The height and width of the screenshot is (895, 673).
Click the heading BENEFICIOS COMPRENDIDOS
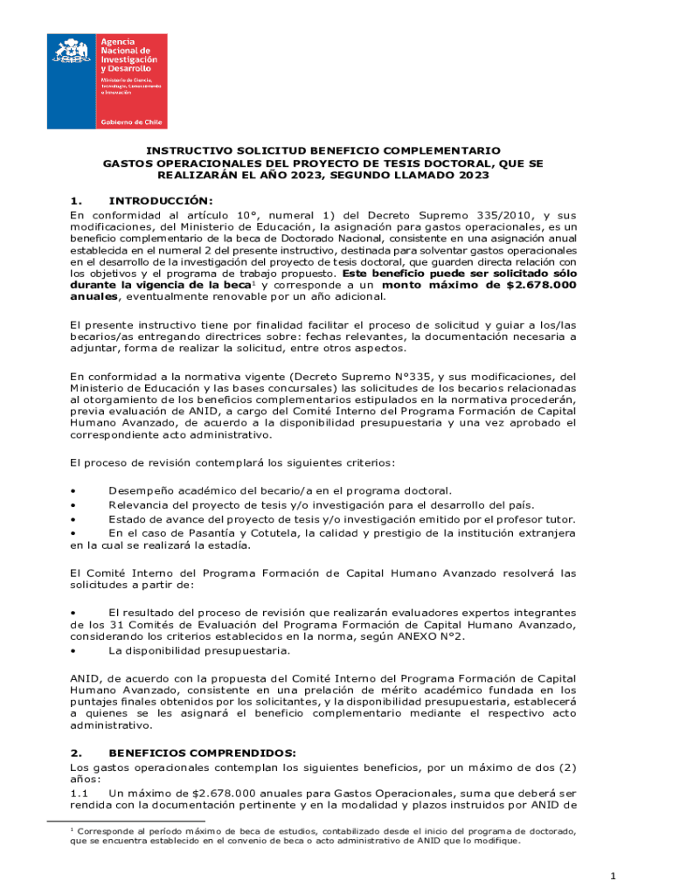click(x=202, y=752)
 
